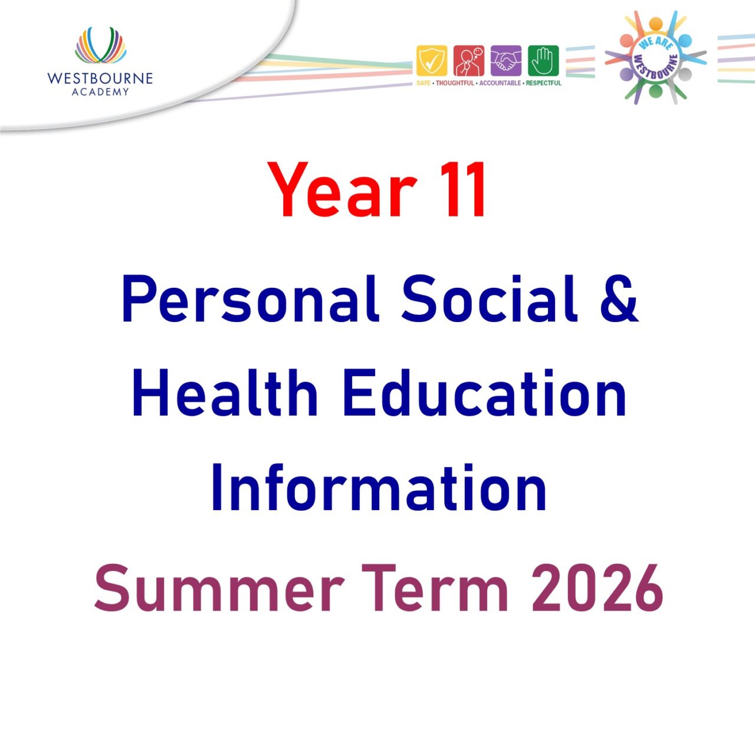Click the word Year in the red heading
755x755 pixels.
342,190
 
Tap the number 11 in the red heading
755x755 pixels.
464,190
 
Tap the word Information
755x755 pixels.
378,488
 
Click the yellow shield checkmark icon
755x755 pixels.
432,61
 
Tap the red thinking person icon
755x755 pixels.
469,61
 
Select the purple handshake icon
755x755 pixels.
506,61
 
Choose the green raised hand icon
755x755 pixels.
543,61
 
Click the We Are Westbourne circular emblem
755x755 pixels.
656,58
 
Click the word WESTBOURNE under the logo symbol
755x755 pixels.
100,78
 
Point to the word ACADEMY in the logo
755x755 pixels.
100,91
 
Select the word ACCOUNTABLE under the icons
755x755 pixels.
500,83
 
